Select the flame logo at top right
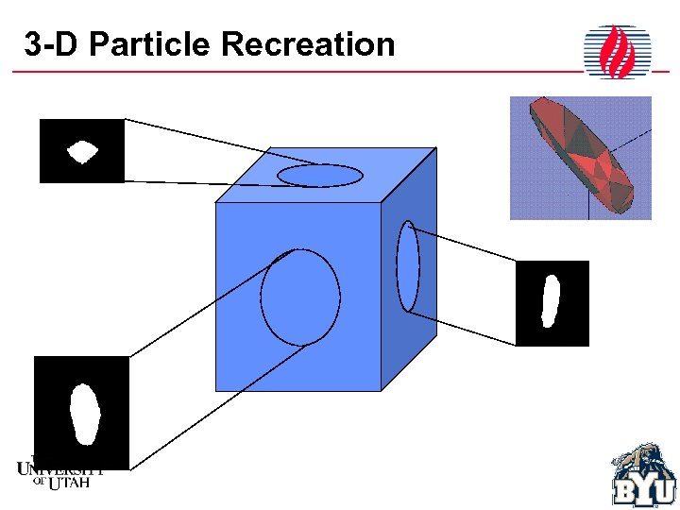click(x=618, y=52)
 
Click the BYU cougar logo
click(x=644, y=476)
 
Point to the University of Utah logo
click(x=59, y=472)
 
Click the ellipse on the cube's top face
click(x=320, y=175)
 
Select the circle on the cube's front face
click(x=300, y=296)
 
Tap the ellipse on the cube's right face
click(x=408, y=266)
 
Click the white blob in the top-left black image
click(x=82, y=151)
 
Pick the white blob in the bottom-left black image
click(x=85, y=414)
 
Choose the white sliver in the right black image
click(x=550, y=300)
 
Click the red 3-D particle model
click(x=582, y=156)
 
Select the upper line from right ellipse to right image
click(x=463, y=246)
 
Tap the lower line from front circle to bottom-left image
click(x=217, y=406)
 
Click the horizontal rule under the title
click(x=283, y=73)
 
